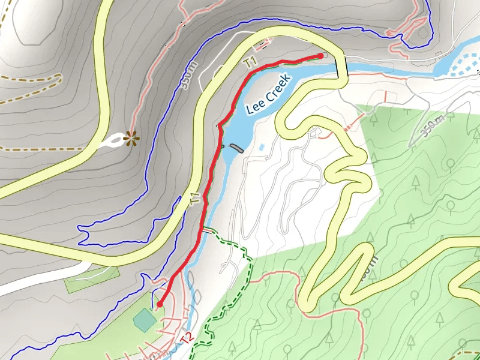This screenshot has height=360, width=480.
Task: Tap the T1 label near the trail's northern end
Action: (x=250, y=61)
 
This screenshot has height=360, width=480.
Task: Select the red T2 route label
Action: (x=187, y=339)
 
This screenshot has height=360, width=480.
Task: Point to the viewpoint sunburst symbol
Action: (x=128, y=139)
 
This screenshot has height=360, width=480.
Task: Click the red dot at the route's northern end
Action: (x=320, y=55)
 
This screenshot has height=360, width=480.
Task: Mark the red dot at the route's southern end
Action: (x=160, y=305)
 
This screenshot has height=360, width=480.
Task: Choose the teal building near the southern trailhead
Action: (x=144, y=320)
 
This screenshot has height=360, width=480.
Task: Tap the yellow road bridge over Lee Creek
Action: (x=342, y=67)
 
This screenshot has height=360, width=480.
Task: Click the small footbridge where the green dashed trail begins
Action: (x=208, y=229)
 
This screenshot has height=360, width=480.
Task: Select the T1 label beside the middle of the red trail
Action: (x=195, y=200)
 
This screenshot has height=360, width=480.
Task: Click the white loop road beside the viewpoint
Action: (x=110, y=143)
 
